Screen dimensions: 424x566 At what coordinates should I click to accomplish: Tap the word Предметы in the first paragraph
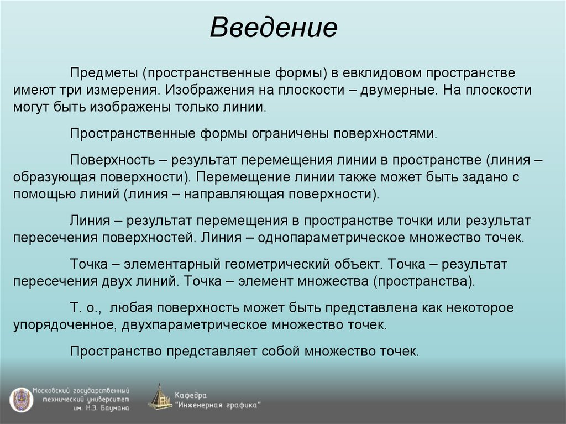click(x=103, y=73)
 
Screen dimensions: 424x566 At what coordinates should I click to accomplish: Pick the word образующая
click(x=53, y=177)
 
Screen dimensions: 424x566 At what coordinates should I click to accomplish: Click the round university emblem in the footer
click(x=20, y=398)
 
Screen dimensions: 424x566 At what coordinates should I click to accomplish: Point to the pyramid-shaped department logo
click(x=160, y=397)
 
